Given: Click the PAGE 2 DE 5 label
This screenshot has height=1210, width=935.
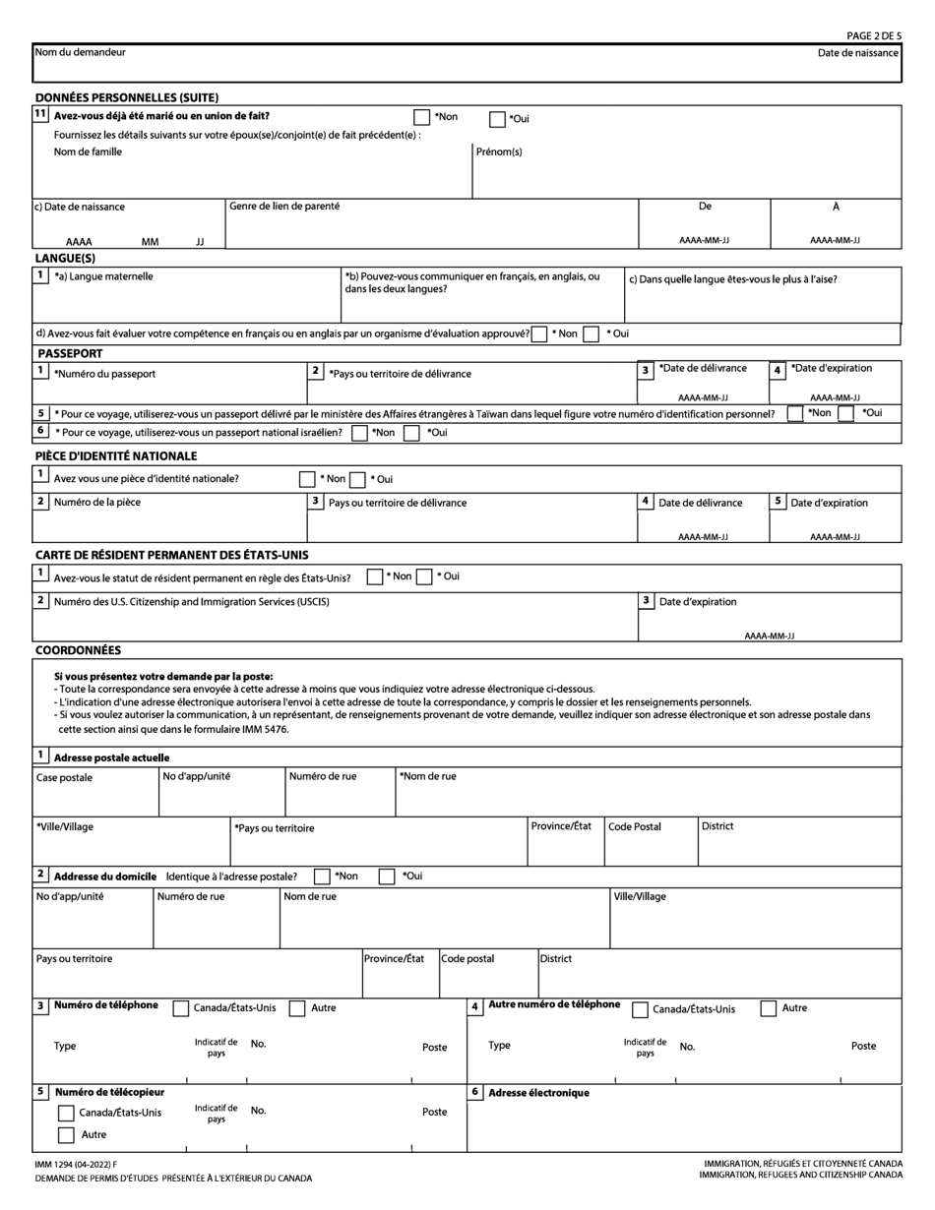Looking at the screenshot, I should tap(874, 35).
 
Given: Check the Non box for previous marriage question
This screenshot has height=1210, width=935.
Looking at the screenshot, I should tap(421, 118).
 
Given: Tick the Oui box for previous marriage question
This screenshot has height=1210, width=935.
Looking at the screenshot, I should tap(497, 120).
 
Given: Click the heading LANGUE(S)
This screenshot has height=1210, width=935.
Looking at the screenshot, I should tap(65, 259).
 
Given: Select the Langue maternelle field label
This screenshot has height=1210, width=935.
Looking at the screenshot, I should tap(103, 277).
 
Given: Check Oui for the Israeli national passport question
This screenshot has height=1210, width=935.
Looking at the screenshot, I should tap(412, 433).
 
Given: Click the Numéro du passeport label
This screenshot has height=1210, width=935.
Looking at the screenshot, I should tap(104, 374).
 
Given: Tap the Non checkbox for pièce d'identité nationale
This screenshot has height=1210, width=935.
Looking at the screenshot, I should tap(307, 480).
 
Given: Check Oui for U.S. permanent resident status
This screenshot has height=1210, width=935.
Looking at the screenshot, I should tap(424, 577).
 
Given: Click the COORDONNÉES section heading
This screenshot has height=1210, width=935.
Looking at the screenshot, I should tap(78, 651).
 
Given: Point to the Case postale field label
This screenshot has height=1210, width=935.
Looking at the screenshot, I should tap(64, 777).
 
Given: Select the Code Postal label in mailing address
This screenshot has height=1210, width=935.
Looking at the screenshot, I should tap(635, 826).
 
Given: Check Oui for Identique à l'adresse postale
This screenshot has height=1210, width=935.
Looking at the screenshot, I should tap(387, 877).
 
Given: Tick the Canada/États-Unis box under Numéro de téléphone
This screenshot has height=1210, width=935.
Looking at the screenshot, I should tap(181, 1008).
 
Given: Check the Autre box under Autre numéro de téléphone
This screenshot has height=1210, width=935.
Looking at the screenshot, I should tap(769, 1008).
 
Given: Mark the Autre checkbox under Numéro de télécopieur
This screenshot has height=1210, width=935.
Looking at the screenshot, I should tap(66, 1135).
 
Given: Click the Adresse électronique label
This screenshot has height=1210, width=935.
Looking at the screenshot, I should tap(538, 1093).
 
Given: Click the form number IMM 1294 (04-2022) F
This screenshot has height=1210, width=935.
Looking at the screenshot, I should tap(74, 1165).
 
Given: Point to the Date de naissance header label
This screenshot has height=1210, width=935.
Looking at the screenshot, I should tap(858, 52).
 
